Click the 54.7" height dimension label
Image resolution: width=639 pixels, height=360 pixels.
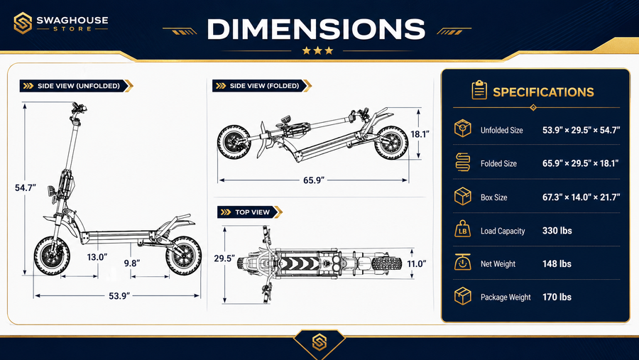[x=26, y=188]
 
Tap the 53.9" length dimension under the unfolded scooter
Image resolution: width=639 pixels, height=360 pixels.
[x=119, y=295]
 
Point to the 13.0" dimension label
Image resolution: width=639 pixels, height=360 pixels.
[x=97, y=257]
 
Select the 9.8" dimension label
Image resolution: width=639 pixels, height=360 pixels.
[x=132, y=263]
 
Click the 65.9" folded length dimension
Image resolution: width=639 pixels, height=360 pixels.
[x=314, y=180]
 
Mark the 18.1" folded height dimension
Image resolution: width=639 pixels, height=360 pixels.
[x=420, y=134]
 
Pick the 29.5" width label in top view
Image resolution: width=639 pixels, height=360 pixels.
[x=224, y=258]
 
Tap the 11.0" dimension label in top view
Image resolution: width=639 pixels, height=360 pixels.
[x=417, y=263]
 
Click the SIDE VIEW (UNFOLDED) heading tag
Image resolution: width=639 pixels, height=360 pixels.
[x=76, y=86]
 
